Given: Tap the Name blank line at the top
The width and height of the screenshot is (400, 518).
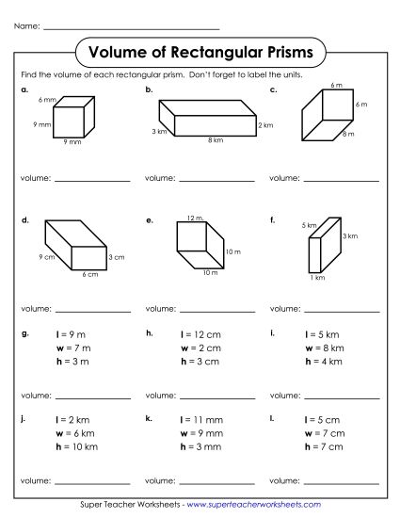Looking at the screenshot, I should tap(132, 25).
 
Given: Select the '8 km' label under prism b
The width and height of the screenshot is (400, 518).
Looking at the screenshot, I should tap(216, 140).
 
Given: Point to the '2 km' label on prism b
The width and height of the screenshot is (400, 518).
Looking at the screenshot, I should tap(266, 125).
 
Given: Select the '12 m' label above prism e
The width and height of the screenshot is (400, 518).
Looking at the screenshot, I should tap(195, 218).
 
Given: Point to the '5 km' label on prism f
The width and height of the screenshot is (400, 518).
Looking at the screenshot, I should tap(309, 225).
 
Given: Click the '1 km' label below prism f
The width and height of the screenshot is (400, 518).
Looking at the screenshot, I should tap(317, 278).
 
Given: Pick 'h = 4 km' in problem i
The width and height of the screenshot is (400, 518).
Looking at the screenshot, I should tap(325, 361).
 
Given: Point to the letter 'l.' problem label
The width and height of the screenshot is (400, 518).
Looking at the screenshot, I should tap(271, 416).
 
